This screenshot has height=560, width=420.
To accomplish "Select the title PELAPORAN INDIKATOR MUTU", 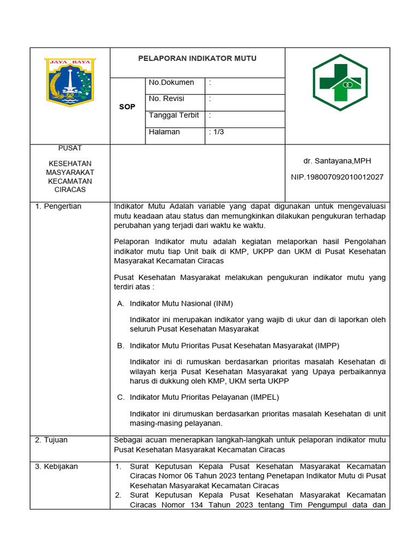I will coord(197,59).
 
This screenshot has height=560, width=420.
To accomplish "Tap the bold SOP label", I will coord(127,107).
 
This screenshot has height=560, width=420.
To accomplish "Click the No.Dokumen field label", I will coord(171,83).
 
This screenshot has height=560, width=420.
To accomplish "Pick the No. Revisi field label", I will coord(167,99).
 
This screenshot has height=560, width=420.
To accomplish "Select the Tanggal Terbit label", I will coord(174,115).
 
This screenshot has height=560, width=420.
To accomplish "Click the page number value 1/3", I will coord(217,132).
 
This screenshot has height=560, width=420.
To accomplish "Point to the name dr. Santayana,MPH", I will coord(337,161).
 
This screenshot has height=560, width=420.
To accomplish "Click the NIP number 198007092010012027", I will coord(337,177).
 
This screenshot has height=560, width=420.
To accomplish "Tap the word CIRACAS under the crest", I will coord(70,190).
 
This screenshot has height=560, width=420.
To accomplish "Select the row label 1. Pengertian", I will coord(58,206).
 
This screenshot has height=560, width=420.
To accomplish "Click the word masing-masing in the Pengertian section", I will coord(155,423).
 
